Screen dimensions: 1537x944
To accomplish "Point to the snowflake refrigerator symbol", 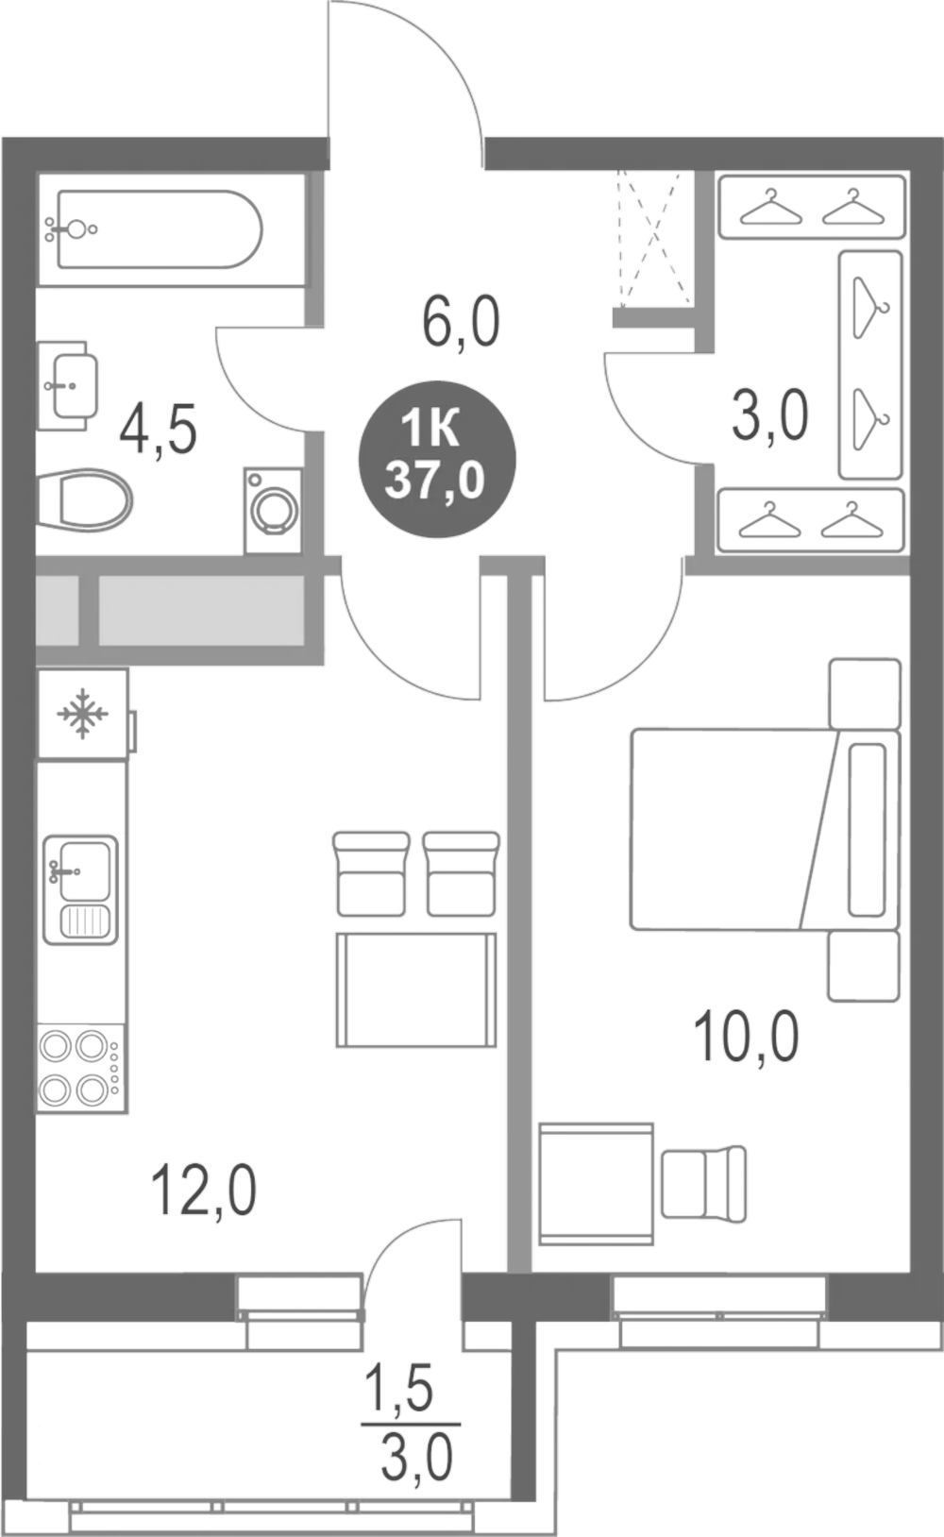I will [83, 713].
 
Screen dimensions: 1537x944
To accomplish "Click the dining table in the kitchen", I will [416, 989].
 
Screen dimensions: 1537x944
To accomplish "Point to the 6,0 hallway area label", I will [461, 324].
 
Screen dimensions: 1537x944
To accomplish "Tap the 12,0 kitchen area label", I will [204, 1191].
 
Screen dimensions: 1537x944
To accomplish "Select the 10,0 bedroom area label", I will [746, 1037].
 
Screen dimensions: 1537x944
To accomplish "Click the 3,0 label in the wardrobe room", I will [769, 416].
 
